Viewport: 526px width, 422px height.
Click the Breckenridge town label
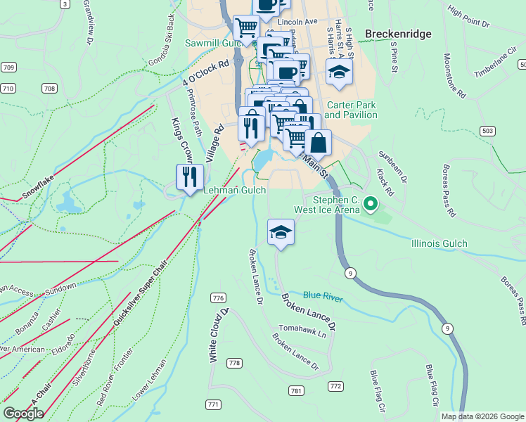pyautogui.click(x=397, y=34)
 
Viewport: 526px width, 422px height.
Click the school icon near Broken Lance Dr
pyautogui.click(x=281, y=233)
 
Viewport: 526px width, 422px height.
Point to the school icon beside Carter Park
pyautogui.click(x=339, y=73)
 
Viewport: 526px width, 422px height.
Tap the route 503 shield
pyautogui.click(x=488, y=131)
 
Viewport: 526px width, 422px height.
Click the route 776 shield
pyautogui.click(x=218, y=298)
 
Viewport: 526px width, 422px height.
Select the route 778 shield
pyautogui.click(x=234, y=363)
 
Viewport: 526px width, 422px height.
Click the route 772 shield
pyautogui.click(x=335, y=386)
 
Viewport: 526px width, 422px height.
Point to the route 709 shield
pyautogui.click(x=8, y=68)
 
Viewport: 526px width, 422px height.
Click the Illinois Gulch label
pyautogui.click(x=439, y=243)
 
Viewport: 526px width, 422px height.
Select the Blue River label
pyautogui.click(x=323, y=298)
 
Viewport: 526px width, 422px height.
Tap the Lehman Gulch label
pyautogui.click(x=234, y=191)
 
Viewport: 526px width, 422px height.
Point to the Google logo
pyautogui.click(x=23, y=414)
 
